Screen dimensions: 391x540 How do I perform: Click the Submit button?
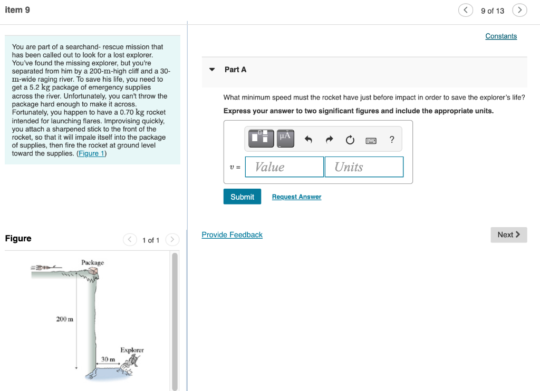click(242, 197)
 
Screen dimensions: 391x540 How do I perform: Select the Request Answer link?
click(296, 197)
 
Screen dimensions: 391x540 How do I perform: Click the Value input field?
click(284, 167)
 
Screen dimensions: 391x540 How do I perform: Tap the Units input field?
click(364, 167)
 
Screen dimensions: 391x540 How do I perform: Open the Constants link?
click(501, 36)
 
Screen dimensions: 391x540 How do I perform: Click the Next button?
click(508, 234)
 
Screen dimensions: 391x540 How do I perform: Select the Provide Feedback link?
click(232, 234)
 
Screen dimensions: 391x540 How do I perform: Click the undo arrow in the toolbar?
click(309, 140)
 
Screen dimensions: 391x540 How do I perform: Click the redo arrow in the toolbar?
click(330, 140)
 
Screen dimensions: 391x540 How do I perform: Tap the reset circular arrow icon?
click(350, 140)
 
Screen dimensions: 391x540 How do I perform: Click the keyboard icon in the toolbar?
click(371, 140)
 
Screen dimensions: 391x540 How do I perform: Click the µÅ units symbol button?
click(285, 138)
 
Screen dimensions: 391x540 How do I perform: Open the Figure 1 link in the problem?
click(91, 153)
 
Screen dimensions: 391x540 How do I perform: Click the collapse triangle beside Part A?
click(212, 70)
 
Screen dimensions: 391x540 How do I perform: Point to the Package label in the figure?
click(92, 262)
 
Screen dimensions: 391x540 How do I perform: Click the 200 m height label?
click(65, 319)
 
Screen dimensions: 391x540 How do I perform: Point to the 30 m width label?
click(108, 359)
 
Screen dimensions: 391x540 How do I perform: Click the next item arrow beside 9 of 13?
click(519, 11)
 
